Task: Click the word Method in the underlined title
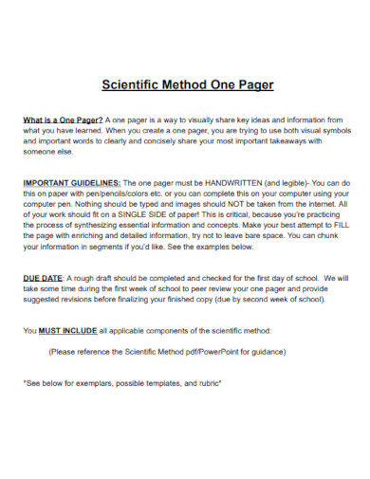tap(187, 84)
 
